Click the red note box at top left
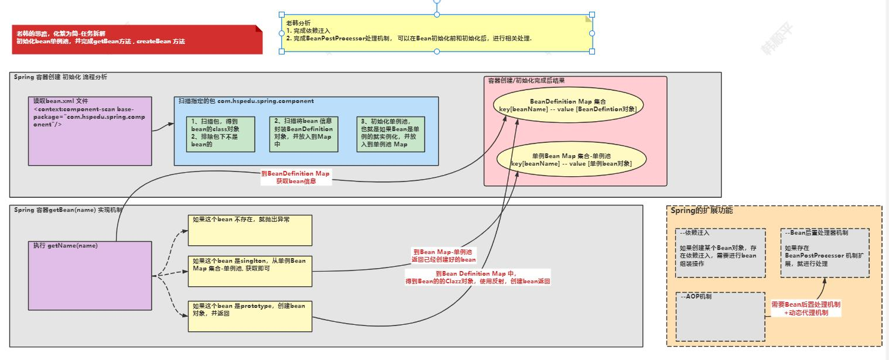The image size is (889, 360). point(137,39)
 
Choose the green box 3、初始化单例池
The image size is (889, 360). point(391,134)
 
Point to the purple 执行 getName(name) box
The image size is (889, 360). point(89,275)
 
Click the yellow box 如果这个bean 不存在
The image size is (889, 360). point(250,230)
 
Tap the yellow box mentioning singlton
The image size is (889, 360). point(250,271)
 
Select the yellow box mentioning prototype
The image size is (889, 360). point(250,316)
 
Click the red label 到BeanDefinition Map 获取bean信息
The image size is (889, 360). point(296,177)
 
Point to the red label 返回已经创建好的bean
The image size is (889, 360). point(444,255)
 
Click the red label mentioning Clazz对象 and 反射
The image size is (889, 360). point(478,277)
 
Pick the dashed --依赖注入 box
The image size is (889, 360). point(720,253)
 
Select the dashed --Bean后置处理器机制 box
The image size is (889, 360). point(825,253)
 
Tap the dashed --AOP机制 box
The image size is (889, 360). point(720,317)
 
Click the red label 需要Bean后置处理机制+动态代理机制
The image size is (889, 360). point(806,308)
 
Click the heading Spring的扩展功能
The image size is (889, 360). point(702,210)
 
